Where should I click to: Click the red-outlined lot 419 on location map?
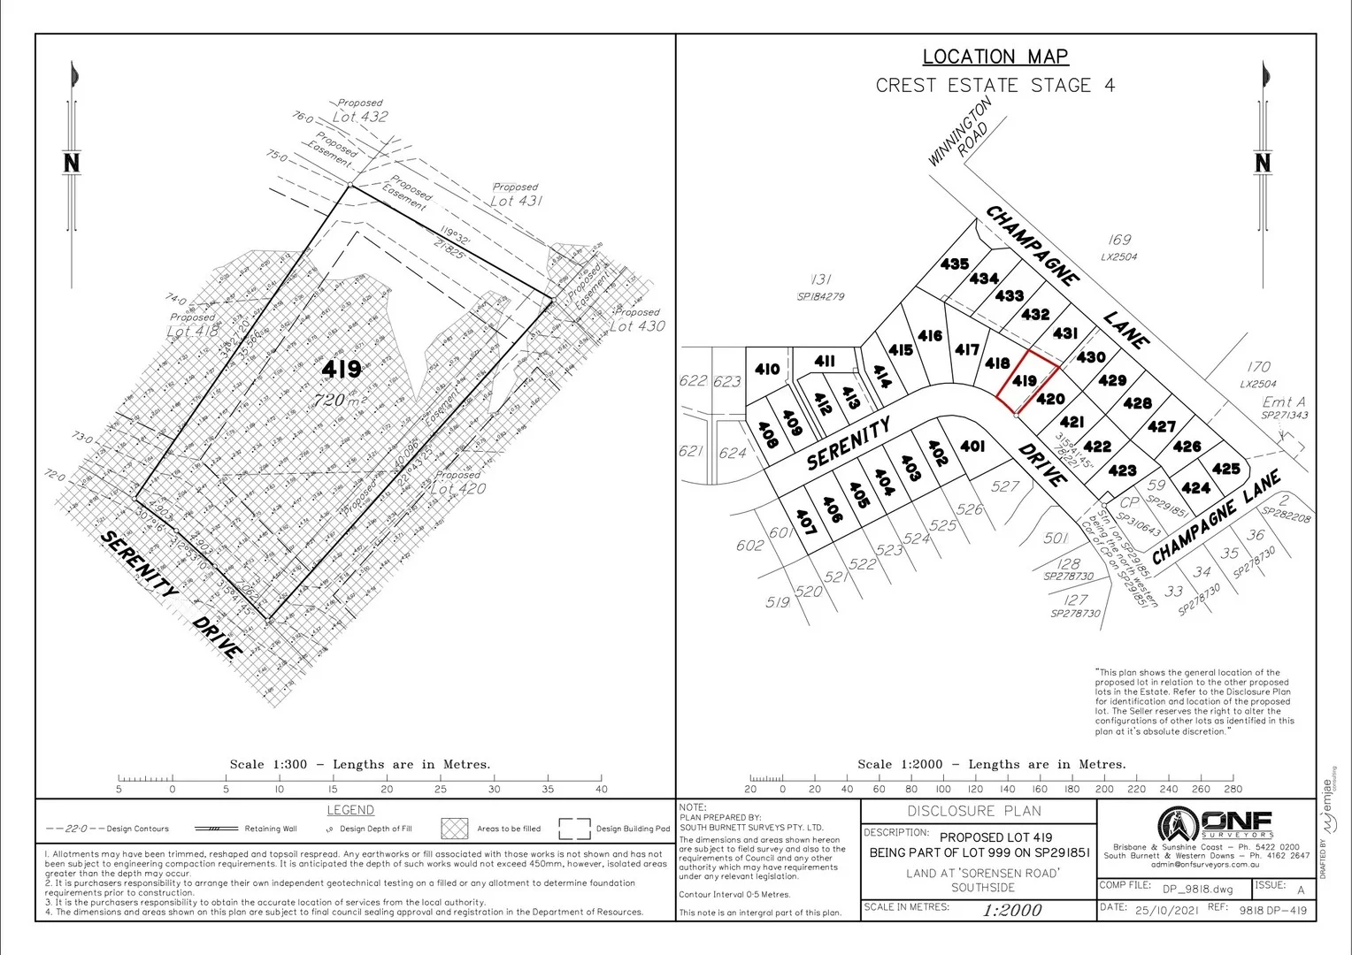coord(1026,381)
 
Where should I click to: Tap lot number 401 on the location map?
coord(972,447)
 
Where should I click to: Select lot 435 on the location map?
coord(955,264)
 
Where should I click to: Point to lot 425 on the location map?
coord(1226,469)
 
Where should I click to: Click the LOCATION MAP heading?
coord(995,57)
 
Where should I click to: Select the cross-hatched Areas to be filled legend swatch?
coord(455,829)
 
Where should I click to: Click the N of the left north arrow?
coord(72,163)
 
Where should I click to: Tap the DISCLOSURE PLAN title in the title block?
coord(974,811)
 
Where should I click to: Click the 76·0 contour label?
coord(303,117)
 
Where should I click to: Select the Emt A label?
coord(1283,402)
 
